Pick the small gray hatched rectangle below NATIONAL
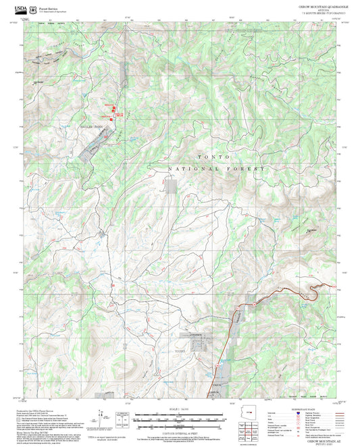click(172, 185)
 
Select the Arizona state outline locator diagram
click(254, 413)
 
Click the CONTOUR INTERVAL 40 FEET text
click(180, 431)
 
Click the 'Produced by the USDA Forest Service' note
click(41, 411)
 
